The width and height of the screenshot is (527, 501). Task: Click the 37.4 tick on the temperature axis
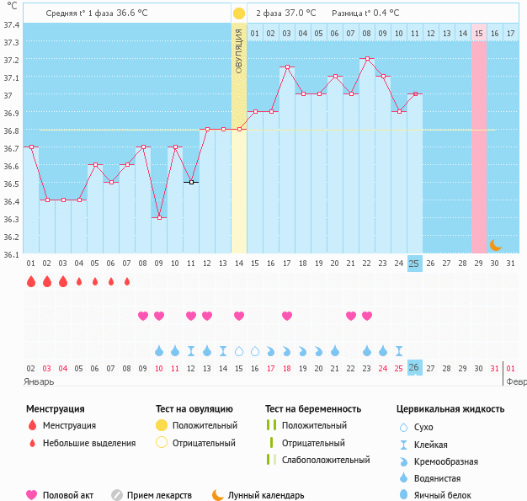(12, 24)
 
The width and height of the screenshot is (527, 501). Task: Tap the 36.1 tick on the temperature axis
(12, 253)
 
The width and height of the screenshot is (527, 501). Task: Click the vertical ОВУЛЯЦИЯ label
(239, 51)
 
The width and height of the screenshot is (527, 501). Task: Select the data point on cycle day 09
(159, 217)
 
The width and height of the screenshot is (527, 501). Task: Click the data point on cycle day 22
(366, 59)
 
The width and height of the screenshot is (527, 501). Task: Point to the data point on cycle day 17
(287, 67)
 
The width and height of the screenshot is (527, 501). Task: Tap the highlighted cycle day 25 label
(414, 264)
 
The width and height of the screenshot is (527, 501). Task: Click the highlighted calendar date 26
(414, 368)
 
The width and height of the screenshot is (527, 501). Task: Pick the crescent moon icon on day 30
(495, 245)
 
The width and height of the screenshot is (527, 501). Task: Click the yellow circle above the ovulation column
(239, 13)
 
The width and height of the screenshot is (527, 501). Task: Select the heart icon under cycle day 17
(287, 316)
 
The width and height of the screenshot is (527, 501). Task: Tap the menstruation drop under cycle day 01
(31, 281)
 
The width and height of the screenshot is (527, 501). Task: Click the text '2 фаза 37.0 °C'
(286, 13)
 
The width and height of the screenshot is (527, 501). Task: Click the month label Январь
(40, 381)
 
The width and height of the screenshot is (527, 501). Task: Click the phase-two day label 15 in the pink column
(478, 33)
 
